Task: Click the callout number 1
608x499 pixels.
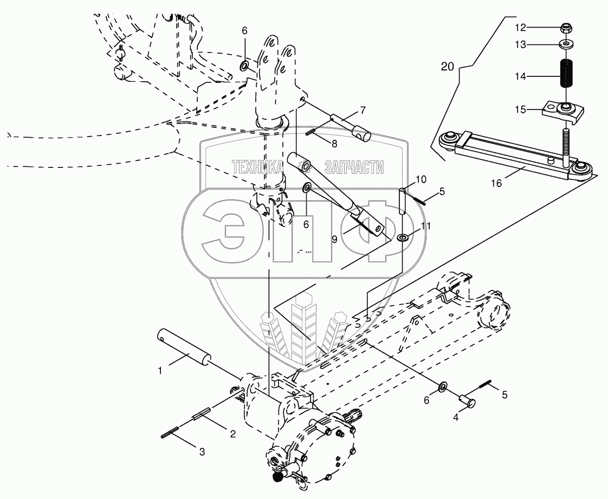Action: pos(160,371)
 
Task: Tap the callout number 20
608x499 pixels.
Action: pos(447,67)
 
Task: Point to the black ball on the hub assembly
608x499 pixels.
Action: pos(279,477)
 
